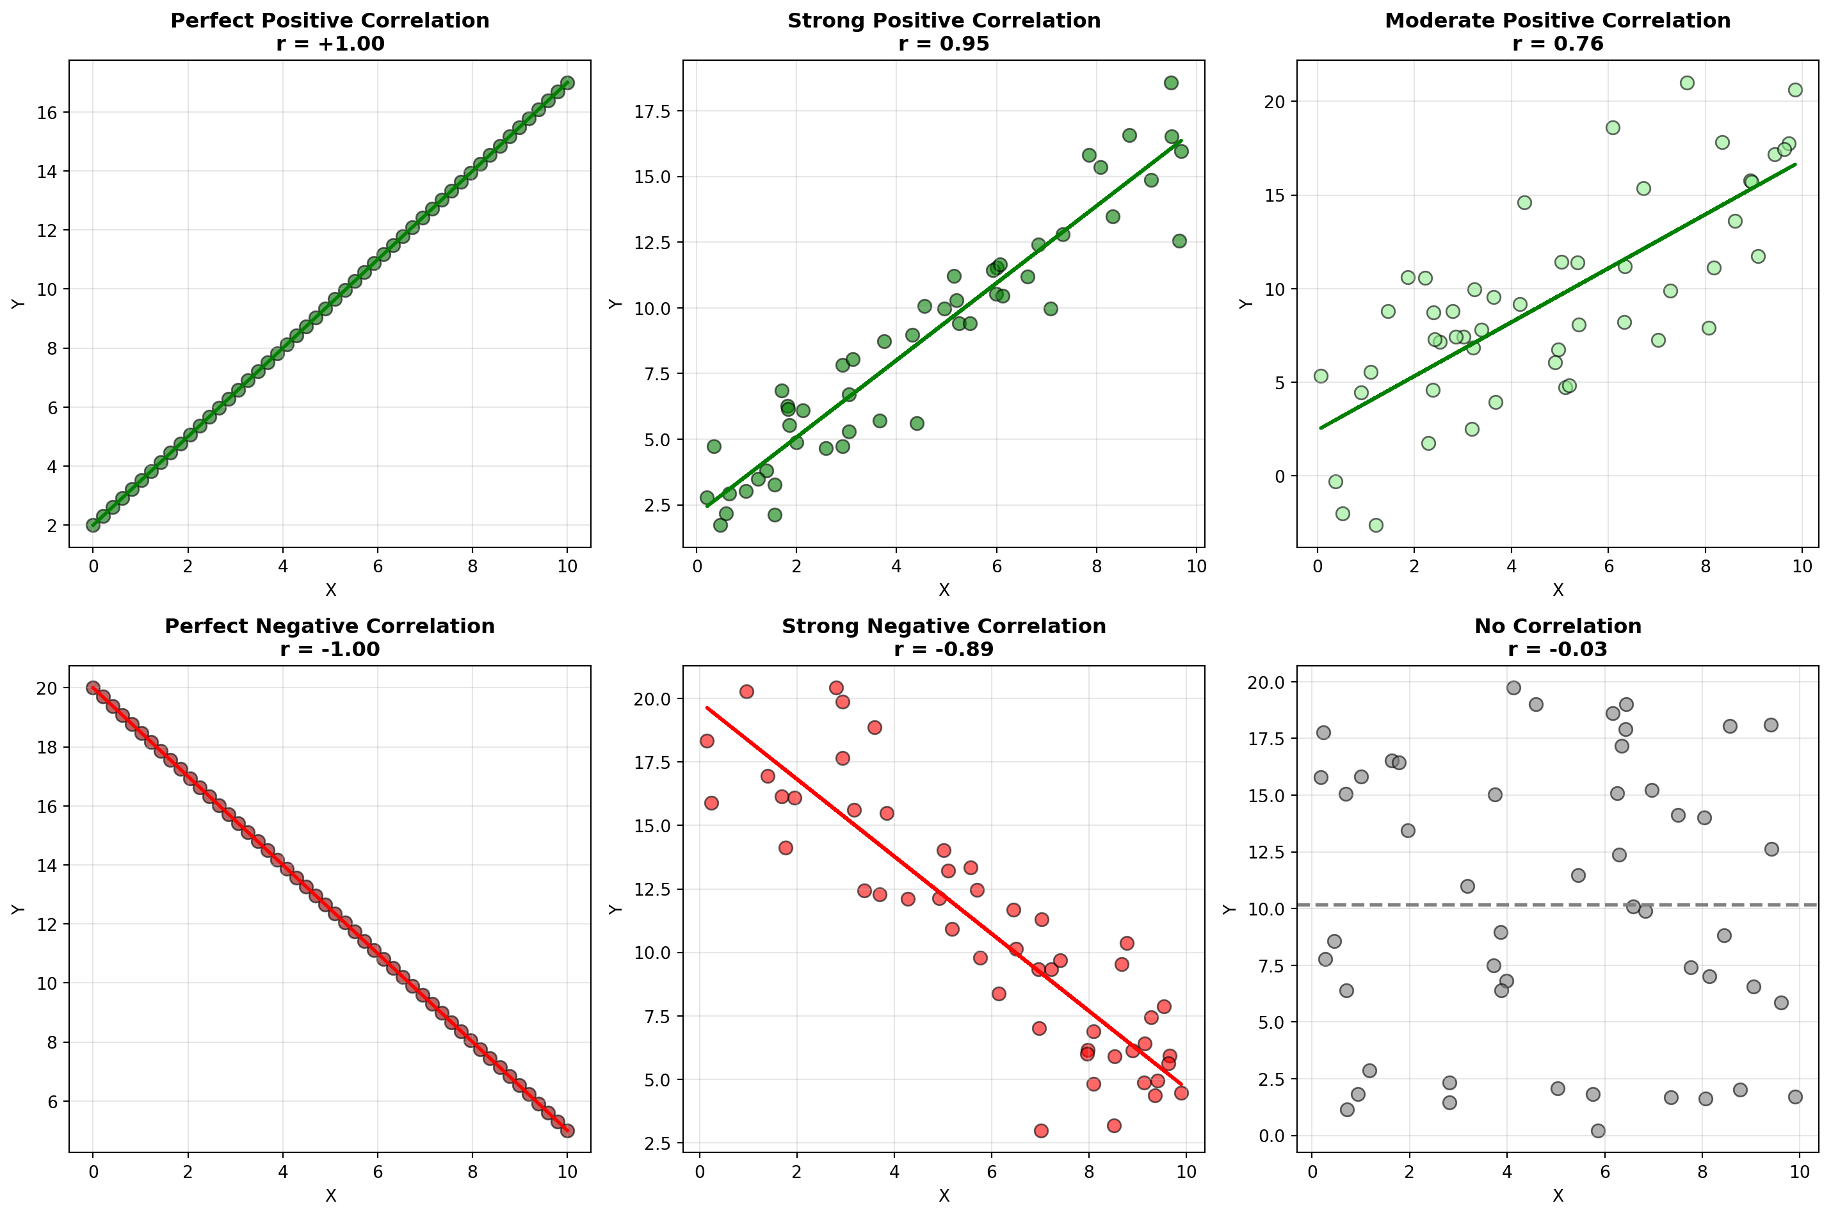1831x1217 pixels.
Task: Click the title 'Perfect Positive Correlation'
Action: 330,20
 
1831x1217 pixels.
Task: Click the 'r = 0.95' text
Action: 943,44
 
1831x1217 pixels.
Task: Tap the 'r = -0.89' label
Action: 943,649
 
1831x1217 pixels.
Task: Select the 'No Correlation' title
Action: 1557,625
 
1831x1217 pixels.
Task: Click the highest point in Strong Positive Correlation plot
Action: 1170,83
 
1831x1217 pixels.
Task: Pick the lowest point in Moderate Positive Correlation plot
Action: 1375,526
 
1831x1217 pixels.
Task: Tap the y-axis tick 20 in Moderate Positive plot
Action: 1275,102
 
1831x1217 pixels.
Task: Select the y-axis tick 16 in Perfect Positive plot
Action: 47,113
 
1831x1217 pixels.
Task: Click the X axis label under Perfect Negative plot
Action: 330,1196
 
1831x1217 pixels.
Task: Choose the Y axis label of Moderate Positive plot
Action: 1246,303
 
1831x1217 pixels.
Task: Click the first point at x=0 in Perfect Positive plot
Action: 93,526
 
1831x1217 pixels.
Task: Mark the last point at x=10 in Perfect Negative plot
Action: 567,1131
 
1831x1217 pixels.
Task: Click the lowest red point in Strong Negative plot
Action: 1041,1131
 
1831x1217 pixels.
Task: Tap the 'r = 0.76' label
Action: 1557,44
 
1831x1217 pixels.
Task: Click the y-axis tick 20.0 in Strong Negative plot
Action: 656,699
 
